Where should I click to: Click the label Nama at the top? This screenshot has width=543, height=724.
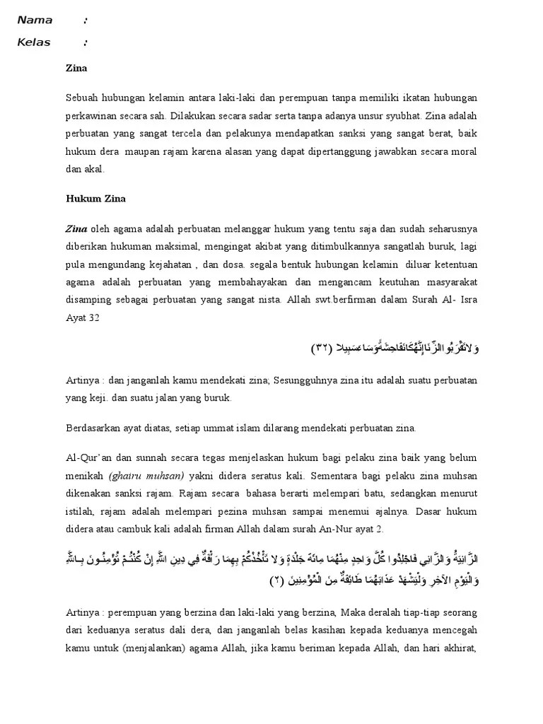[x=35, y=21]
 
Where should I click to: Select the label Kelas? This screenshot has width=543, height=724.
[x=34, y=42]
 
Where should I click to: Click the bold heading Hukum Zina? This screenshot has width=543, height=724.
[x=95, y=199]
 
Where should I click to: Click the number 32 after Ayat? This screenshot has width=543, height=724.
[x=93, y=319]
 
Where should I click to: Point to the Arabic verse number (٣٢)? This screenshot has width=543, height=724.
[x=323, y=349]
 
